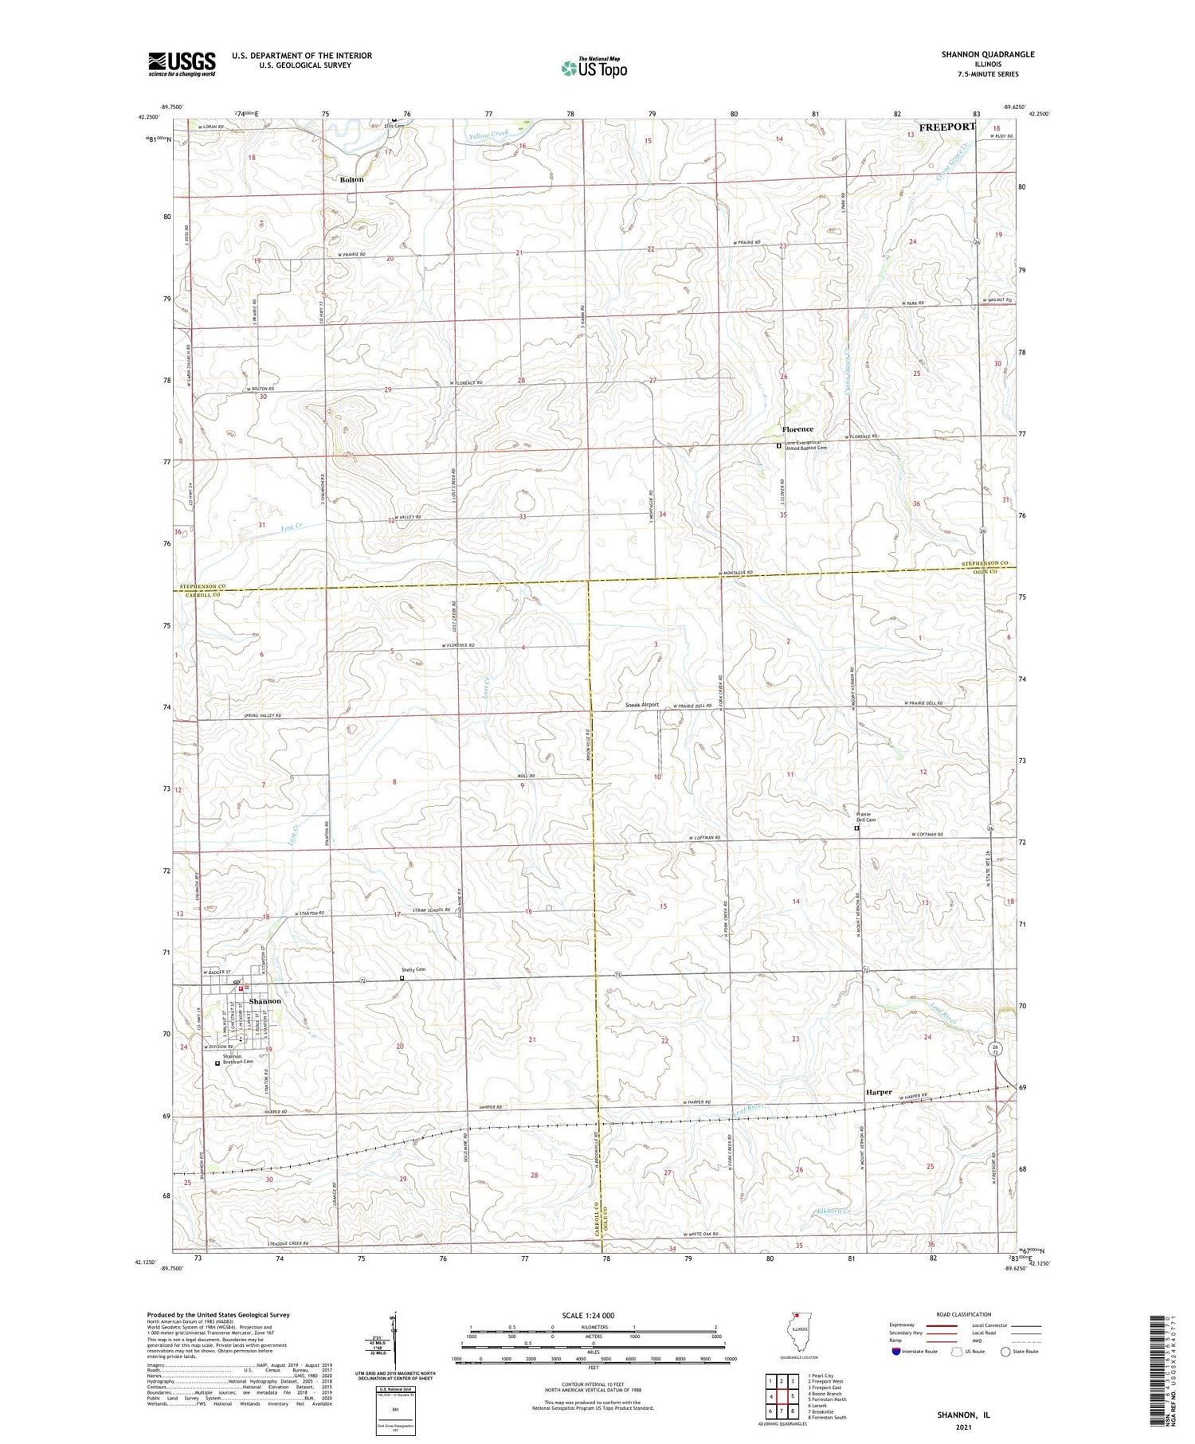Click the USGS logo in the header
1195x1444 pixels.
182,64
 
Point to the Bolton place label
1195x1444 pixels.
351,180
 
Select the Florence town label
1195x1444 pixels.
797,429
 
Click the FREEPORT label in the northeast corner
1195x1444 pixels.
946,127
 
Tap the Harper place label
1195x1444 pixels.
879,1092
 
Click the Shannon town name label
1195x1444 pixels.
264,1001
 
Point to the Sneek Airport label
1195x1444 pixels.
642,705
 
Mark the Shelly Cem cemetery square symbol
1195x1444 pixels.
402,978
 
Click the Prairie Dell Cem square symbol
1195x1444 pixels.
857,828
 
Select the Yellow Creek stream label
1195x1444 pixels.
488,135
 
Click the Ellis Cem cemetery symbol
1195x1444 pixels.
394,121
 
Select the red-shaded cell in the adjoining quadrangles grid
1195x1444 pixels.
792,1395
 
